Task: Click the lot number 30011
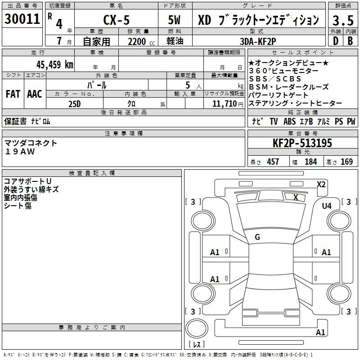pyautogui.click(x=22, y=19)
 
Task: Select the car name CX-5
pyautogui.click(x=117, y=20)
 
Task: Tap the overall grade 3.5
pyautogui.click(x=343, y=20)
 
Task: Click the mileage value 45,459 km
pyautogui.click(x=55, y=64)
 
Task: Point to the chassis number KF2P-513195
pyautogui.click(x=302, y=143)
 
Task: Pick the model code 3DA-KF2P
pyautogui.click(x=258, y=41)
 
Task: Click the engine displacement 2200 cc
pyautogui.click(x=141, y=42)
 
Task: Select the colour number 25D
pyautogui.click(x=75, y=104)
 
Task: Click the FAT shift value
pyautogui.click(x=13, y=94)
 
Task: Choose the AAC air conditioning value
pyautogui.click(x=35, y=94)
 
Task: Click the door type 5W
pyautogui.click(x=174, y=20)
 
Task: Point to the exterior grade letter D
pyautogui.click(x=336, y=41)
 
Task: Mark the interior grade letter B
pyautogui.click(x=351, y=41)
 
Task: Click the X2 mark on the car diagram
pyautogui.click(x=321, y=184)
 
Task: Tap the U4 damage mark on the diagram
pyautogui.click(x=327, y=206)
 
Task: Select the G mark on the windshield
pyautogui.click(x=257, y=237)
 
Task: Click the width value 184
pyautogui.click(x=310, y=162)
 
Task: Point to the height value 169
pyautogui.click(x=346, y=162)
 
